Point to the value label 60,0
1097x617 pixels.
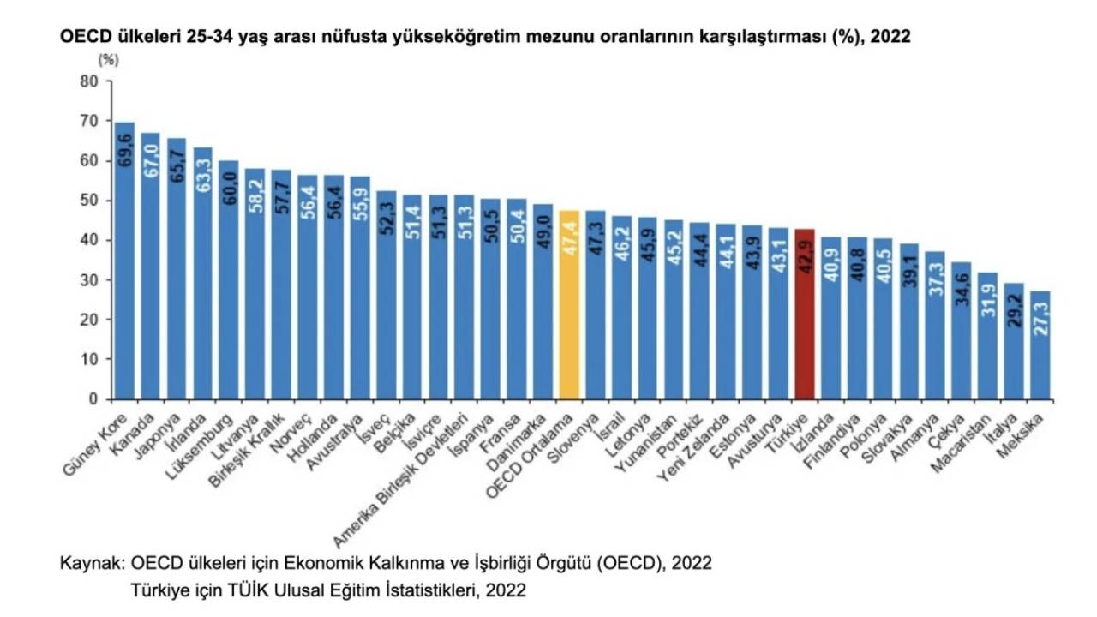[x=229, y=189]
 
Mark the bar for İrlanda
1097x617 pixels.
[x=202, y=273]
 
